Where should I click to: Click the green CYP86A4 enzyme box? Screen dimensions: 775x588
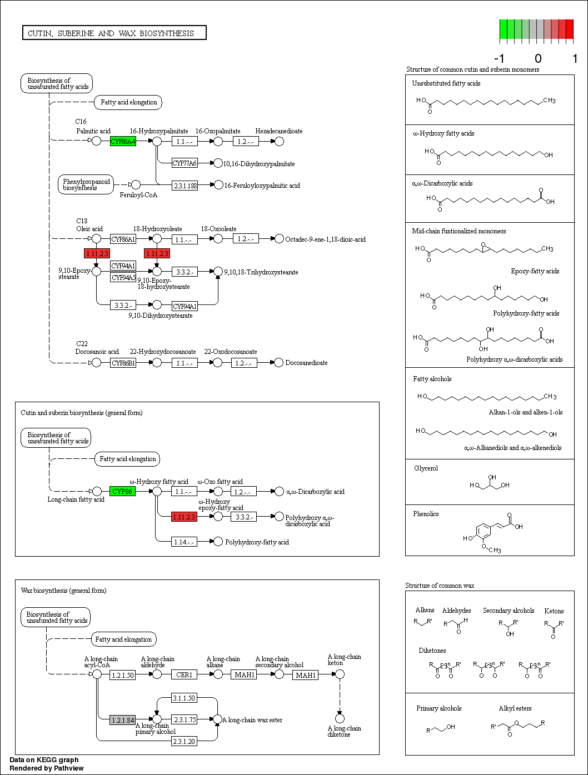[x=123, y=141]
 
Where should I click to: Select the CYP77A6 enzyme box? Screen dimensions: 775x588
[x=185, y=163]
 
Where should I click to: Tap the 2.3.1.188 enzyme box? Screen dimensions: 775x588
[x=185, y=186]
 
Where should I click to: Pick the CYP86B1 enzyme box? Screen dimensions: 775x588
[x=123, y=363]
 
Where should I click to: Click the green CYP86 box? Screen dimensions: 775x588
[x=122, y=491]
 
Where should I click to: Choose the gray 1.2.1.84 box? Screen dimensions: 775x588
[x=122, y=720]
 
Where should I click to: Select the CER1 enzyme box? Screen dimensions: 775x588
[x=184, y=674]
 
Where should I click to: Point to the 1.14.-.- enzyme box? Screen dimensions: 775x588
[x=184, y=542]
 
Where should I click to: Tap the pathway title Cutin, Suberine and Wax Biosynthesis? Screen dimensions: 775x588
[x=114, y=33]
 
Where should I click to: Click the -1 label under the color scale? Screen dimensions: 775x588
[x=499, y=59]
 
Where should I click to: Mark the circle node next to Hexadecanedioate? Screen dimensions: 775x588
[x=280, y=142]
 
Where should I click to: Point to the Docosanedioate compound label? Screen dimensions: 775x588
[x=306, y=363]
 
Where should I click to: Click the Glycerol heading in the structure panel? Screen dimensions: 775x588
[x=426, y=468]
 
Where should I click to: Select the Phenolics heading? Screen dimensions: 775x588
[x=426, y=514]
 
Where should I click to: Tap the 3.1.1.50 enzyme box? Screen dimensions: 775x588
[x=184, y=698]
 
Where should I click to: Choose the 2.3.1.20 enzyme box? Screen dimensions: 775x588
[x=184, y=742]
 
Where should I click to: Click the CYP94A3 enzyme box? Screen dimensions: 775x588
[x=123, y=277]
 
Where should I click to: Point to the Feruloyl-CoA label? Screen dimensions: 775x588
[x=138, y=195]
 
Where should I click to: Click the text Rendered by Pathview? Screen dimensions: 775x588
[x=47, y=768]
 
